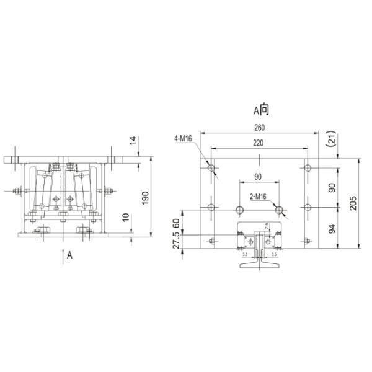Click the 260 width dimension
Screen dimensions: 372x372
point(259,128)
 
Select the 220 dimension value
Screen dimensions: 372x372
point(258,143)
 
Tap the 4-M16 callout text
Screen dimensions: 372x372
point(183,138)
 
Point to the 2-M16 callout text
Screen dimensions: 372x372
point(258,197)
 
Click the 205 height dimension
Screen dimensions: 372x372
point(353,203)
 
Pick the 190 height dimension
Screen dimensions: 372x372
point(145,198)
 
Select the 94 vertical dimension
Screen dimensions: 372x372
point(332,229)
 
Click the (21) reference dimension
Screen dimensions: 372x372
point(332,138)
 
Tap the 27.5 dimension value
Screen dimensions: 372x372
point(176,240)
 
